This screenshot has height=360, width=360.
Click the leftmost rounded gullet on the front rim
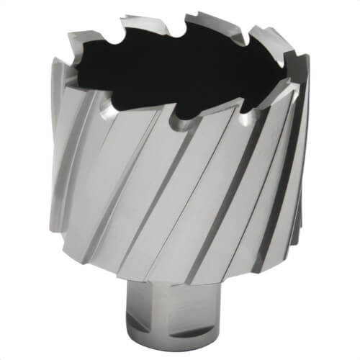click(106, 109)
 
